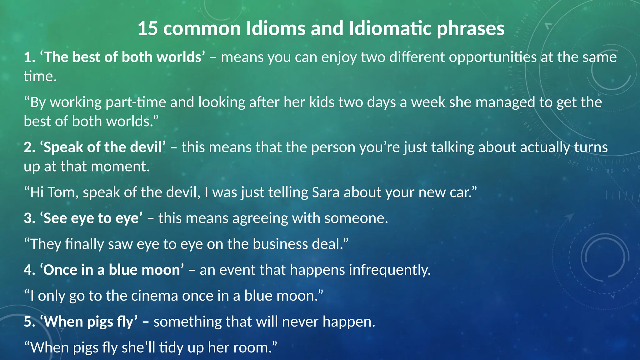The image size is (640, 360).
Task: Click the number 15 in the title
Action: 147,28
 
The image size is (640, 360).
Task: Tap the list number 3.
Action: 29,218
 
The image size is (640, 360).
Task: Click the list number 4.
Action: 29,270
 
